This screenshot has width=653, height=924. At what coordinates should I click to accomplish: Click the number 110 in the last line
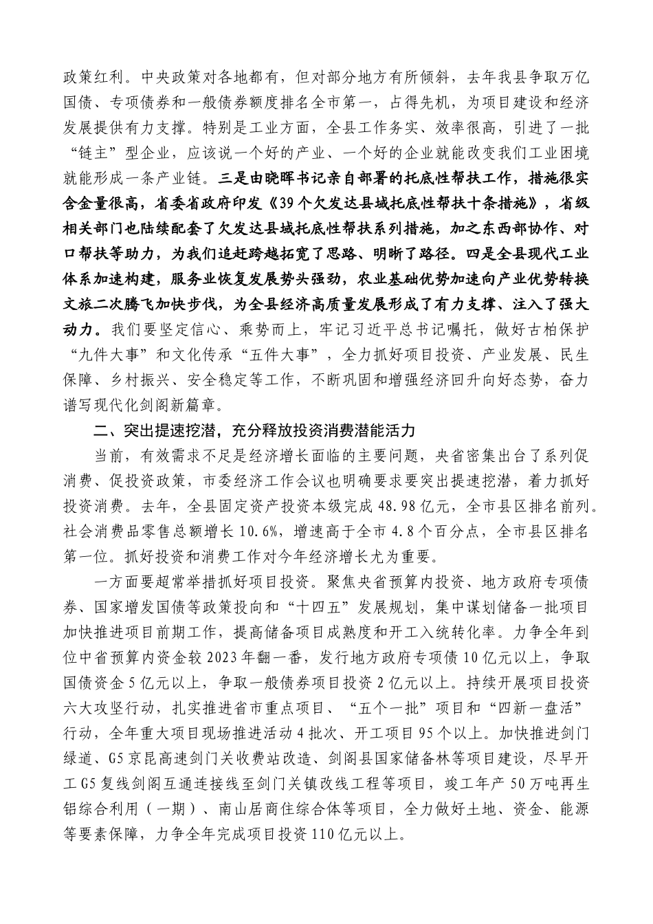click(x=333, y=835)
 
